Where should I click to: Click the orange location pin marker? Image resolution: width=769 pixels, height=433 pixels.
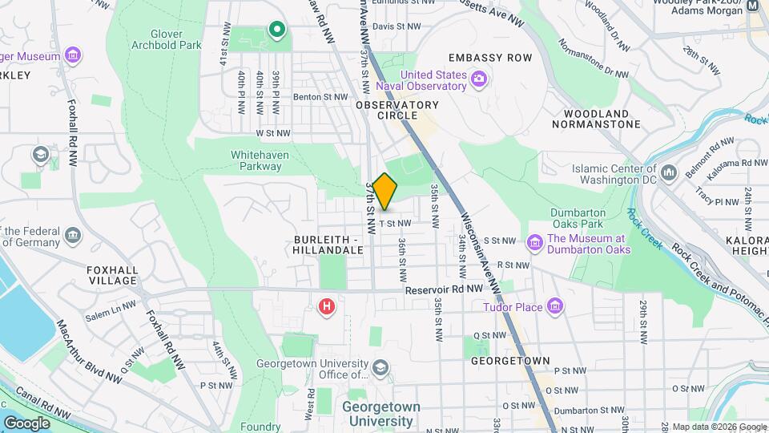pos(384,192)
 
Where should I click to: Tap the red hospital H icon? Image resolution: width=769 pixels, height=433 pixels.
pos(327,306)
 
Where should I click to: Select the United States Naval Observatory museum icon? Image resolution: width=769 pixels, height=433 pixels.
pos(479,78)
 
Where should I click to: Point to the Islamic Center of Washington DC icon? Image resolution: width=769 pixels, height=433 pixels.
pos(670,170)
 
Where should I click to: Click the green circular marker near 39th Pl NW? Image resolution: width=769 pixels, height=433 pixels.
pos(277,30)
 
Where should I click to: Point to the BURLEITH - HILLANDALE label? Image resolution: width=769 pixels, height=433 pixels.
pos(328,245)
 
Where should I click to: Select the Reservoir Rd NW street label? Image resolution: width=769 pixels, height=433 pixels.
pos(443,289)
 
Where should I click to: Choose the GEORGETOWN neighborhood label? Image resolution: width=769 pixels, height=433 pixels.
pos(509,361)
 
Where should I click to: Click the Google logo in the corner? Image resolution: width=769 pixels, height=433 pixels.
pos(26,422)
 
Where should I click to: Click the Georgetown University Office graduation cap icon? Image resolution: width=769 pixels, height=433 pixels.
pos(380,368)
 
